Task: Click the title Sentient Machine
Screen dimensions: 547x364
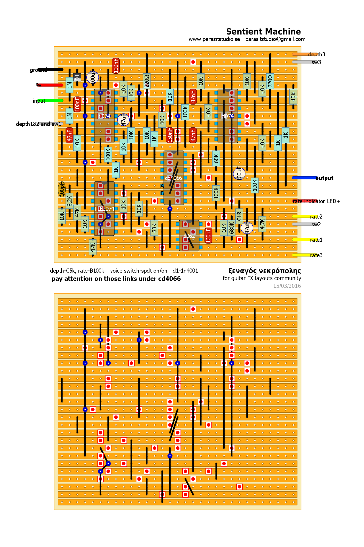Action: [263, 32]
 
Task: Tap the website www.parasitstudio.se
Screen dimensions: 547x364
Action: [214, 39]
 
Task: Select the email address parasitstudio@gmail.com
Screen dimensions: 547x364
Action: [275, 39]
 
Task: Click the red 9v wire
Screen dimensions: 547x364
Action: [50, 85]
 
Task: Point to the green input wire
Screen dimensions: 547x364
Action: [50, 101]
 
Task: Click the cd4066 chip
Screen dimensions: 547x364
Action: [174, 178]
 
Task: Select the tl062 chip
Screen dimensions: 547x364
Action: [189, 236]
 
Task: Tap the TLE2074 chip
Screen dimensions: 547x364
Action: [104, 209]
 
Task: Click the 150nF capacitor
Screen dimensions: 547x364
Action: [170, 135]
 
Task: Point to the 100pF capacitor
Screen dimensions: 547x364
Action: [62, 189]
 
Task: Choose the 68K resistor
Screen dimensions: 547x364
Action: [216, 158]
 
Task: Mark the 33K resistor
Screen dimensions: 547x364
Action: [154, 228]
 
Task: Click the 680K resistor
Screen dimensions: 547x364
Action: [232, 228]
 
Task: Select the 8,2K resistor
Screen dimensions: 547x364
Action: [69, 201]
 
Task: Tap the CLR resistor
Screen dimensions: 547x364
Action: [239, 216]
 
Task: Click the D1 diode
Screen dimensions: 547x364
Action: [77, 77]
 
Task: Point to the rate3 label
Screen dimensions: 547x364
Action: [316, 255]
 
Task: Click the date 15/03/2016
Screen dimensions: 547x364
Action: [287, 286]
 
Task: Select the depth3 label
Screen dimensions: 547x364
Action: [316, 55]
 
